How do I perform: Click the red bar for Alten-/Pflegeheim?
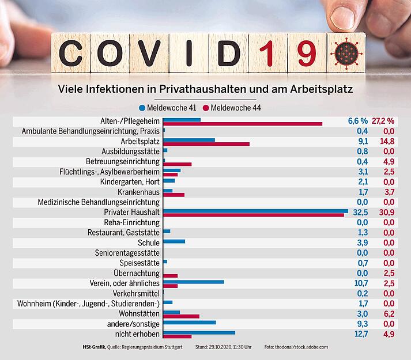click(243, 124)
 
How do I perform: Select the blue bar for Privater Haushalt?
click(255, 210)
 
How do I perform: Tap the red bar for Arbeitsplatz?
click(206, 144)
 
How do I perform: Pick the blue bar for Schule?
click(174, 241)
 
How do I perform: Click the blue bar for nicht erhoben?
click(199, 332)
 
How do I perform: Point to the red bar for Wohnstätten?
click(182, 316)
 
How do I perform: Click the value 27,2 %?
click(383, 121)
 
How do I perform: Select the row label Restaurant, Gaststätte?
click(123, 233)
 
